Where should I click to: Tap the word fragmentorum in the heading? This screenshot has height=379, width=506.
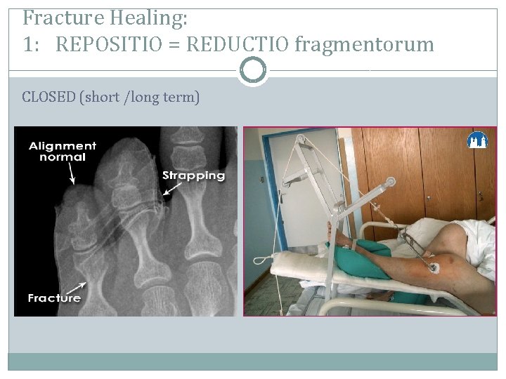click(364, 45)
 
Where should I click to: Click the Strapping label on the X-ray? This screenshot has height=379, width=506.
click(193, 175)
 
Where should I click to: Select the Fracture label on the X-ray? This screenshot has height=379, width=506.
click(54, 298)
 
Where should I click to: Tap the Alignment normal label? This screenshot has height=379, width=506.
click(63, 152)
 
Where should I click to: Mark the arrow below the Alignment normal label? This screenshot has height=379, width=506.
click(72, 175)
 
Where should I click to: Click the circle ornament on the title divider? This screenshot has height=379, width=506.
click(253, 70)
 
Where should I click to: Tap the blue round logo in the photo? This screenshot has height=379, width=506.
click(477, 140)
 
